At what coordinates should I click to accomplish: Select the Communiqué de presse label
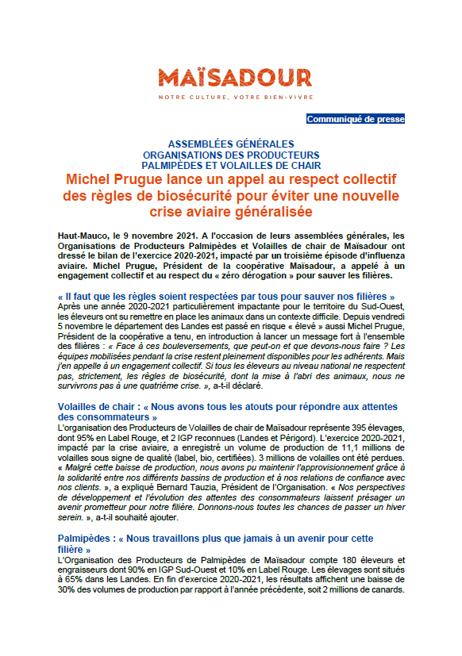pos(356,119)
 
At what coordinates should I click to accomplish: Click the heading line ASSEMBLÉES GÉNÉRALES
pos(231,144)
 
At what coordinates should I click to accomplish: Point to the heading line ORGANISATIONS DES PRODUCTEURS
pos(231,155)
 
